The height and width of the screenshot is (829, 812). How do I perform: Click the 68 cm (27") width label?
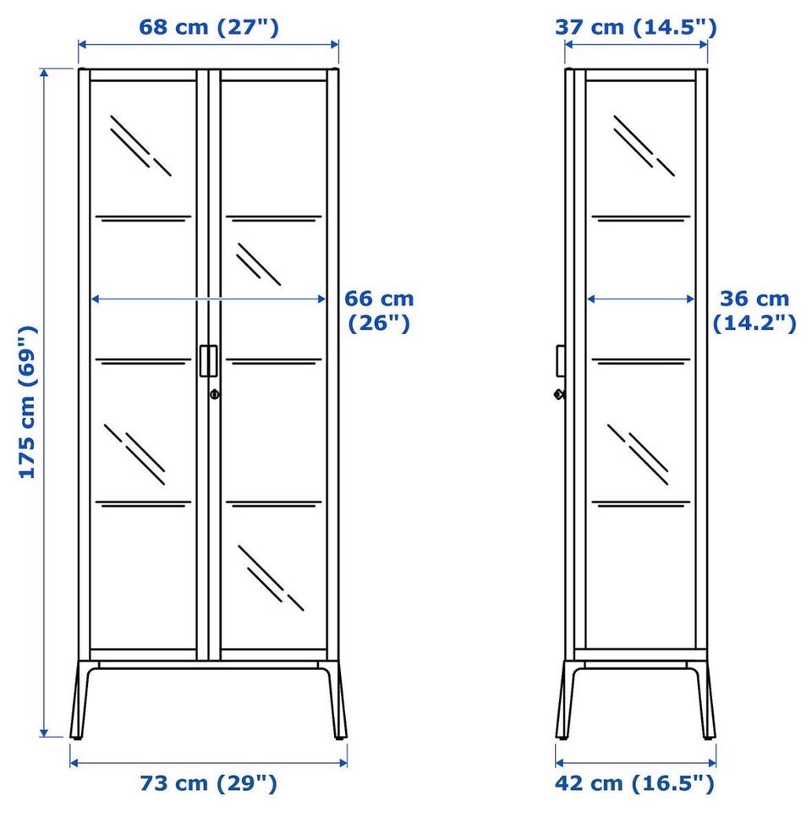click(x=208, y=27)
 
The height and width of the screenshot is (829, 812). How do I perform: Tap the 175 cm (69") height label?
click(x=27, y=403)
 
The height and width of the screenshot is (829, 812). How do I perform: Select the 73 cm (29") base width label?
click(x=208, y=783)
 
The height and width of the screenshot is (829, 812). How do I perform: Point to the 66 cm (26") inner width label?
click(x=379, y=310)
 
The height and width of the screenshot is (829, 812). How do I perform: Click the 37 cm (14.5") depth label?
click(x=636, y=27)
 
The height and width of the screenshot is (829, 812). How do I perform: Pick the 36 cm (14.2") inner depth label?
click(x=754, y=310)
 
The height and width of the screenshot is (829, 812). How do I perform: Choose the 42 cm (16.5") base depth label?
click(x=634, y=783)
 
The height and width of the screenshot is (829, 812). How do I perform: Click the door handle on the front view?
click(x=208, y=360)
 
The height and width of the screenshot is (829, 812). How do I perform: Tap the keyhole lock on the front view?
click(x=214, y=394)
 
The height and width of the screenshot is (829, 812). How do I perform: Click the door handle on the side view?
click(x=560, y=360)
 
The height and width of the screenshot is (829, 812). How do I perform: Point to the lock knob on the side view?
click(x=559, y=394)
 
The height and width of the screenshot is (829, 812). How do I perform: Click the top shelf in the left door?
click(x=143, y=218)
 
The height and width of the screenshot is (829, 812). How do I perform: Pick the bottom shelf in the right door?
click(x=274, y=503)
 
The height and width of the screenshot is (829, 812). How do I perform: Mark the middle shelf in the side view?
click(x=641, y=362)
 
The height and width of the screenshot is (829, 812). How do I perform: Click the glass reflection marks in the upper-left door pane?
click(x=140, y=145)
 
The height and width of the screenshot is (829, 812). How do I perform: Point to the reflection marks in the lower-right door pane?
click(x=271, y=578)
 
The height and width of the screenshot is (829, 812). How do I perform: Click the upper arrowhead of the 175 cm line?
click(x=44, y=73)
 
